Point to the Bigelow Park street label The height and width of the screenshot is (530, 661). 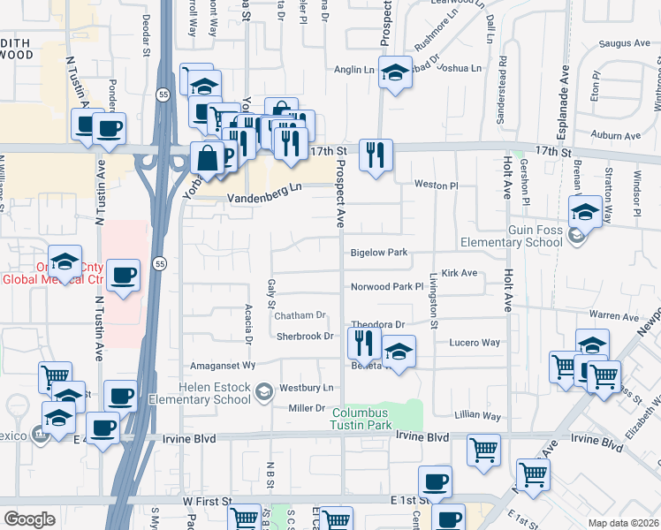pos(378,253)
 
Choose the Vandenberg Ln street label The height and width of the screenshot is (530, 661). pos(264,187)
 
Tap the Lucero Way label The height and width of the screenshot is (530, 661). pos(475,342)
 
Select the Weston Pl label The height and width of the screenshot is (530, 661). pos(437,185)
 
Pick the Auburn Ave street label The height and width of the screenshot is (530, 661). pos(616,136)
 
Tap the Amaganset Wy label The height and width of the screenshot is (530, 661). pos(224,365)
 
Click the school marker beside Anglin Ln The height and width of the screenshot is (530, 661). pos(396,72)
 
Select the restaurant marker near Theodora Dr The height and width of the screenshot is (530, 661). pos(364,341)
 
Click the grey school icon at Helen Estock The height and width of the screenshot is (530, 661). pos(263,391)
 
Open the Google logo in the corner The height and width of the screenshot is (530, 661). pos(29,519)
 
